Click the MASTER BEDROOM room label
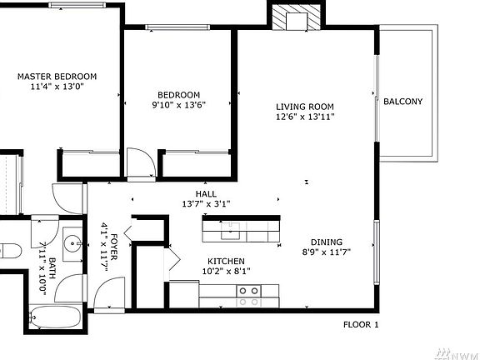point(57,77)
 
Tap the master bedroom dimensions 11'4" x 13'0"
point(57,87)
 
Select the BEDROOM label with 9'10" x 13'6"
point(178,94)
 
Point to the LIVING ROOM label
point(305,107)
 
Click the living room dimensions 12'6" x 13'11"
point(305,117)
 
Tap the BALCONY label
point(403,102)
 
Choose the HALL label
point(206,193)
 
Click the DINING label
point(320,242)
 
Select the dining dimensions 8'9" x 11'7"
point(320,252)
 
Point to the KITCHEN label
point(225,261)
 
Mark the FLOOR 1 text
point(361,324)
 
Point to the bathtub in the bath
point(55,317)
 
